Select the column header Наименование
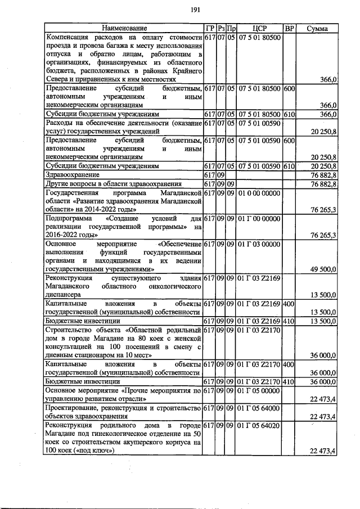124,28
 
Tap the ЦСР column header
259,28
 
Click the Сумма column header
318,28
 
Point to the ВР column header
289,28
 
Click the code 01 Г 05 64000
259,407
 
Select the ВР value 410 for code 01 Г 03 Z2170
289,381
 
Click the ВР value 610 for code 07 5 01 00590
289,167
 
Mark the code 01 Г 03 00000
259,244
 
